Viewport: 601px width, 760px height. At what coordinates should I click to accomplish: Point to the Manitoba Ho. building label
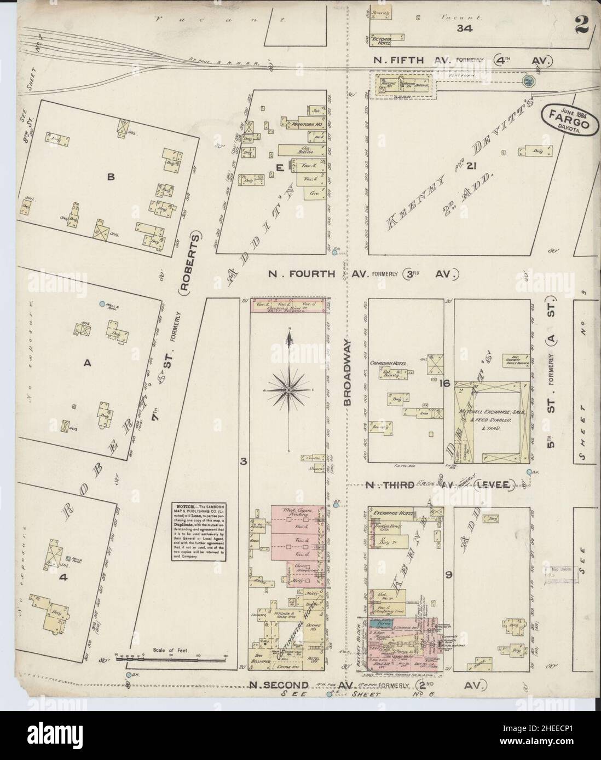click(x=310, y=125)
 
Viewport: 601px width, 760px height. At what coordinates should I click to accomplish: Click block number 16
click(x=444, y=384)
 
